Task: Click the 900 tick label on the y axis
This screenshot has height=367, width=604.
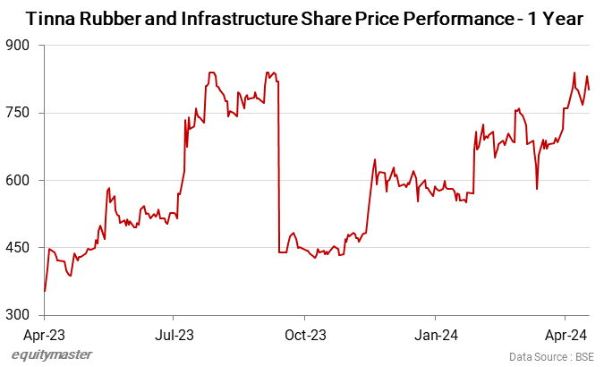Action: coord(20,46)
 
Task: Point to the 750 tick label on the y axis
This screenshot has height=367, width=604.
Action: coord(20,113)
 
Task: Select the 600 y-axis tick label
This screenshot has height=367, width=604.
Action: coord(20,180)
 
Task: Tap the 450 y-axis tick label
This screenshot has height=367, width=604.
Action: coord(20,248)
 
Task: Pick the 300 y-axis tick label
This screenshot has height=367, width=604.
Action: coord(20,315)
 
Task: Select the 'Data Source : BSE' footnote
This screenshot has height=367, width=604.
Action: coord(550,356)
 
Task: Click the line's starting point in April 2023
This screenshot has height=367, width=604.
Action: coord(45,291)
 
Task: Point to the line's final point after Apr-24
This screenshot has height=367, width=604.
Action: coord(589,90)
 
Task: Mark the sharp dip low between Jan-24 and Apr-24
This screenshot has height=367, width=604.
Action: coord(537,188)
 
